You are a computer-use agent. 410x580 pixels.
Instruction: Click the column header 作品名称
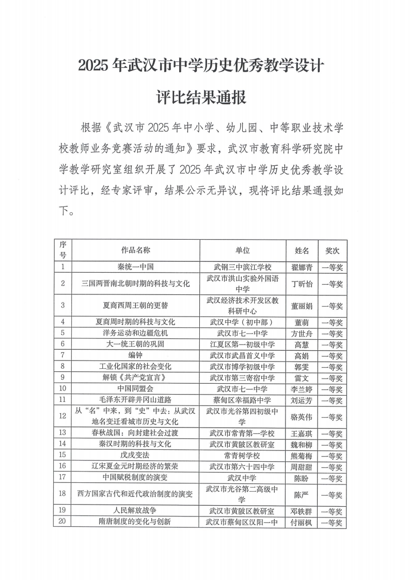point(135,250)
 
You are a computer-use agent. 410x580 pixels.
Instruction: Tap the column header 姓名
point(302,250)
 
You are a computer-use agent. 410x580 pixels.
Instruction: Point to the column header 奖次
point(332,250)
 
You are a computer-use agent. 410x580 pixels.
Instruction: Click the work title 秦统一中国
point(135,267)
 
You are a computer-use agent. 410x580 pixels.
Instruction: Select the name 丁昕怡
point(302,284)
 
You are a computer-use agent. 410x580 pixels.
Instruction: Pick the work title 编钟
point(135,355)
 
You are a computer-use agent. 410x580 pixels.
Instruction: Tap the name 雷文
point(302,378)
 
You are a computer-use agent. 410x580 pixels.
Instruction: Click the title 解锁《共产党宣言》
point(135,378)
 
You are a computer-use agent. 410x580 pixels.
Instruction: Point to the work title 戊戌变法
point(135,456)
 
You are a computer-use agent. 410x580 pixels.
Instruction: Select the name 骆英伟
point(302,416)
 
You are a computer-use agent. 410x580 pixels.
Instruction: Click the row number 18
point(62,494)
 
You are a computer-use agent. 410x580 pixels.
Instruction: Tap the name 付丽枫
point(302,522)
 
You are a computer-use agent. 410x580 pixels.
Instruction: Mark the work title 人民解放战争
point(135,511)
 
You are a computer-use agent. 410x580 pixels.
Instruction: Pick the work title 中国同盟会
point(135,389)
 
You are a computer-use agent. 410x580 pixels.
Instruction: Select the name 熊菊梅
point(302,456)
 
